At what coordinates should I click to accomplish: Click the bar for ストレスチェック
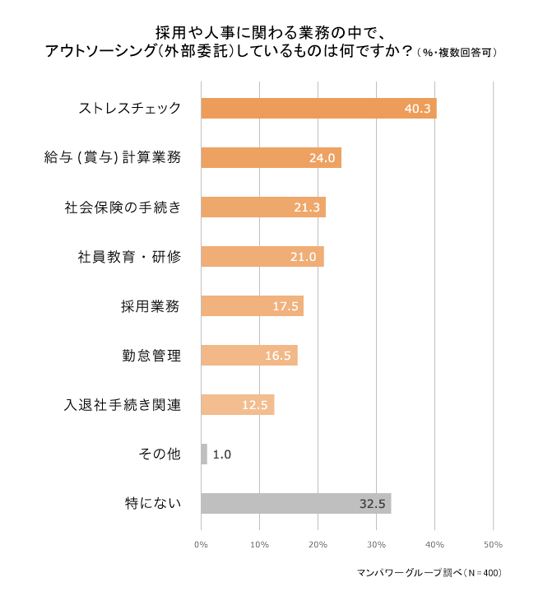(318, 109)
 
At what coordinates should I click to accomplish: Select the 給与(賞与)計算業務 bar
(271, 158)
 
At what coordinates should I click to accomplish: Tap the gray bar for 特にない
(295, 503)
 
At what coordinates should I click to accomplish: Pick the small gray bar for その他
(204, 454)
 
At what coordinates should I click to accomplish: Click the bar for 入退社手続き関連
(237, 405)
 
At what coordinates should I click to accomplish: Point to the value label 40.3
(418, 109)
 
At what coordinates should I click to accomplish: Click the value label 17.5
(285, 306)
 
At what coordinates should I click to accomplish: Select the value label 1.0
(222, 454)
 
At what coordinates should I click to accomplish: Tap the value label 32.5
(373, 503)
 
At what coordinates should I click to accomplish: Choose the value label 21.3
(308, 207)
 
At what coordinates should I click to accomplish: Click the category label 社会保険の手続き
(123, 207)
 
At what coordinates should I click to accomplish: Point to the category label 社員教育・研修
(123, 257)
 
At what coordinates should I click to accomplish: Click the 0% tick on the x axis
(201, 544)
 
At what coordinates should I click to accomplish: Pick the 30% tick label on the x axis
(376, 544)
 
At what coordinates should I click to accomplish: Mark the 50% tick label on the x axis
(493, 544)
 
